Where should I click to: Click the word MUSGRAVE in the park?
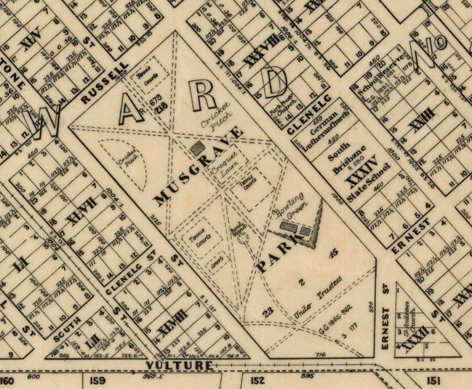pyautogui.click(x=199, y=166)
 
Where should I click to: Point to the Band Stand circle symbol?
pyautogui.click(x=243, y=239)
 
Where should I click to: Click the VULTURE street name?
pyautogui.click(x=179, y=365)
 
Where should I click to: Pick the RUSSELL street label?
pyautogui.click(x=104, y=83)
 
